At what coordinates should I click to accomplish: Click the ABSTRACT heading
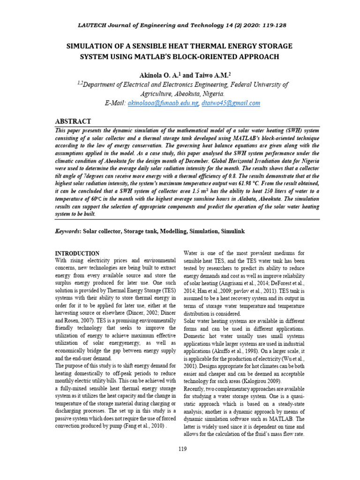coord(74,121)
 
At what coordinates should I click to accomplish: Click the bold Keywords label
coord(68,232)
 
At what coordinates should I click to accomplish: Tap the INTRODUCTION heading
coord(77,253)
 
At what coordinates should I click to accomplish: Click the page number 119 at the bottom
coord(183,450)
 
